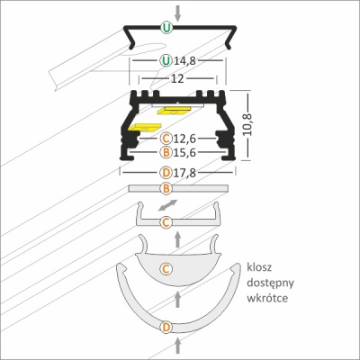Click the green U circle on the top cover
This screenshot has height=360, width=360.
tap(166, 28)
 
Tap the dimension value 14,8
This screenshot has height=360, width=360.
tap(184, 61)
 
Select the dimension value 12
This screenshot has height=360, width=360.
tap(177, 79)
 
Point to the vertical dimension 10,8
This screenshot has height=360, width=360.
tap(247, 125)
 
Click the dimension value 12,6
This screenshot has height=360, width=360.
tap(184, 139)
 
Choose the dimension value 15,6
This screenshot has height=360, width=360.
tap(184, 153)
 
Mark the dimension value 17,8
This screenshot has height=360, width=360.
tap(184, 173)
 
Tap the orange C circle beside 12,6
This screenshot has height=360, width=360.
tap(166, 139)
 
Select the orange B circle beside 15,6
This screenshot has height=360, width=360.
tap(166, 152)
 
